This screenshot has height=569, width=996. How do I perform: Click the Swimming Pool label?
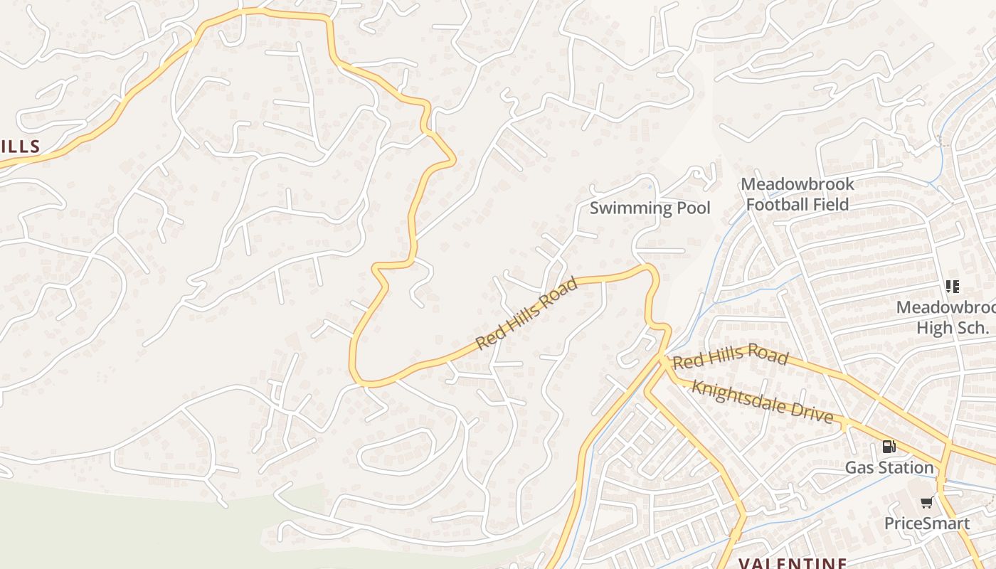click(650, 208)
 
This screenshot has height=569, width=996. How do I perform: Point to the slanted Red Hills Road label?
click(526, 313)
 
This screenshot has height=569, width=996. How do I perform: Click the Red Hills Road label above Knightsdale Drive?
click(730, 357)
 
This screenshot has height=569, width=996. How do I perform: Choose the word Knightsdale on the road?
click(740, 397)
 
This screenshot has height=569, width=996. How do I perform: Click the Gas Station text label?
click(889, 468)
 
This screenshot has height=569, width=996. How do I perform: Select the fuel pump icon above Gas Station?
click(889, 447)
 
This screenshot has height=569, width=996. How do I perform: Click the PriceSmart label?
click(926, 524)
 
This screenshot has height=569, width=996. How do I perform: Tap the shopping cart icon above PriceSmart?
click(926, 503)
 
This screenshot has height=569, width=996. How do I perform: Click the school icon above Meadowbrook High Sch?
click(952, 287)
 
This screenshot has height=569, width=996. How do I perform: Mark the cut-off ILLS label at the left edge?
click(20, 147)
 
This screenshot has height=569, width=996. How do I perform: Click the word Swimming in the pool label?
click(630, 208)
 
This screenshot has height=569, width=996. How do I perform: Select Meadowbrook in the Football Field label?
click(797, 184)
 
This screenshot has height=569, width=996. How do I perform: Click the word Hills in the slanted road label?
click(526, 314)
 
